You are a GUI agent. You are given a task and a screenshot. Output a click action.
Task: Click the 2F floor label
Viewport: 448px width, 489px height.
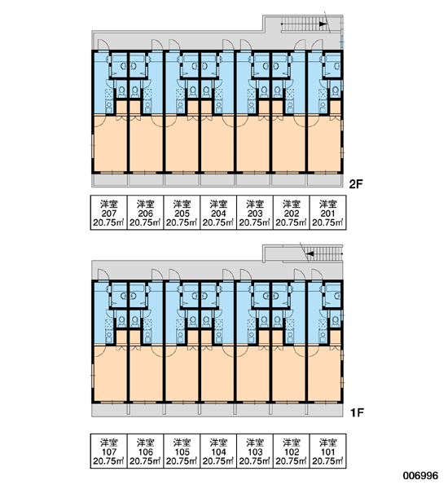point(356,184)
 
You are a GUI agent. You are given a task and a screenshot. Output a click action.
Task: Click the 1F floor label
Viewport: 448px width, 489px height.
point(357,413)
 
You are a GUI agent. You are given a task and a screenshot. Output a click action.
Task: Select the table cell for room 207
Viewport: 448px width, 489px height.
point(109,213)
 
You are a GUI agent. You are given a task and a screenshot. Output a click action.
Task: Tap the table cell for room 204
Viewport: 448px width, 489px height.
point(218,213)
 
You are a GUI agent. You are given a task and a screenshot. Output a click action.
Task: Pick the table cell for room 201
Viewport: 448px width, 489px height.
point(327,213)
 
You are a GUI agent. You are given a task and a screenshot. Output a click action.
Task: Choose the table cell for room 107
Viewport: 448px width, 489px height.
point(109,451)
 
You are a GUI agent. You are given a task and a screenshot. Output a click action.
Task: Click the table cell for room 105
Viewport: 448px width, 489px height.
point(182,451)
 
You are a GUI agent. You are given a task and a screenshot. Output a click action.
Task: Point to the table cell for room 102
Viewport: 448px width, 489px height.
point(291,451)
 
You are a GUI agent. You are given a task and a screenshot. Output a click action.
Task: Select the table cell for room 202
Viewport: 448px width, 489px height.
point(291,213)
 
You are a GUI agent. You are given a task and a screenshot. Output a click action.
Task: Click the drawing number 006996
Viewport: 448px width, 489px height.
point(420,476)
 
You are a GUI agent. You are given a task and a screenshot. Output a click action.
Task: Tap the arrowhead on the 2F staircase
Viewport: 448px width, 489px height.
point(323,24)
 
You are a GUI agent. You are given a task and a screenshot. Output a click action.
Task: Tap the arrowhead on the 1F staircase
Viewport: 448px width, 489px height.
point(310,253)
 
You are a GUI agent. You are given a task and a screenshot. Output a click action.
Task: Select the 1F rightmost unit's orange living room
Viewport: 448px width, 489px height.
point(324,373)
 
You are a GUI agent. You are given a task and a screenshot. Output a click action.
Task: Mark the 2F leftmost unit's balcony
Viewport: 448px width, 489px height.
point(110,180)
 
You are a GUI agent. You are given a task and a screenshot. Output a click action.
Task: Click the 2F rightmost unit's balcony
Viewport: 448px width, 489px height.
point(325,180)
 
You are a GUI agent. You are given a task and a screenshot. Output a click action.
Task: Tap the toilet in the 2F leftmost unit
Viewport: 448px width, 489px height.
point(121,90)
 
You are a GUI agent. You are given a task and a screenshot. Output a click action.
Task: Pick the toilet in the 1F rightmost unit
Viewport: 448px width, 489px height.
point(336,320)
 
